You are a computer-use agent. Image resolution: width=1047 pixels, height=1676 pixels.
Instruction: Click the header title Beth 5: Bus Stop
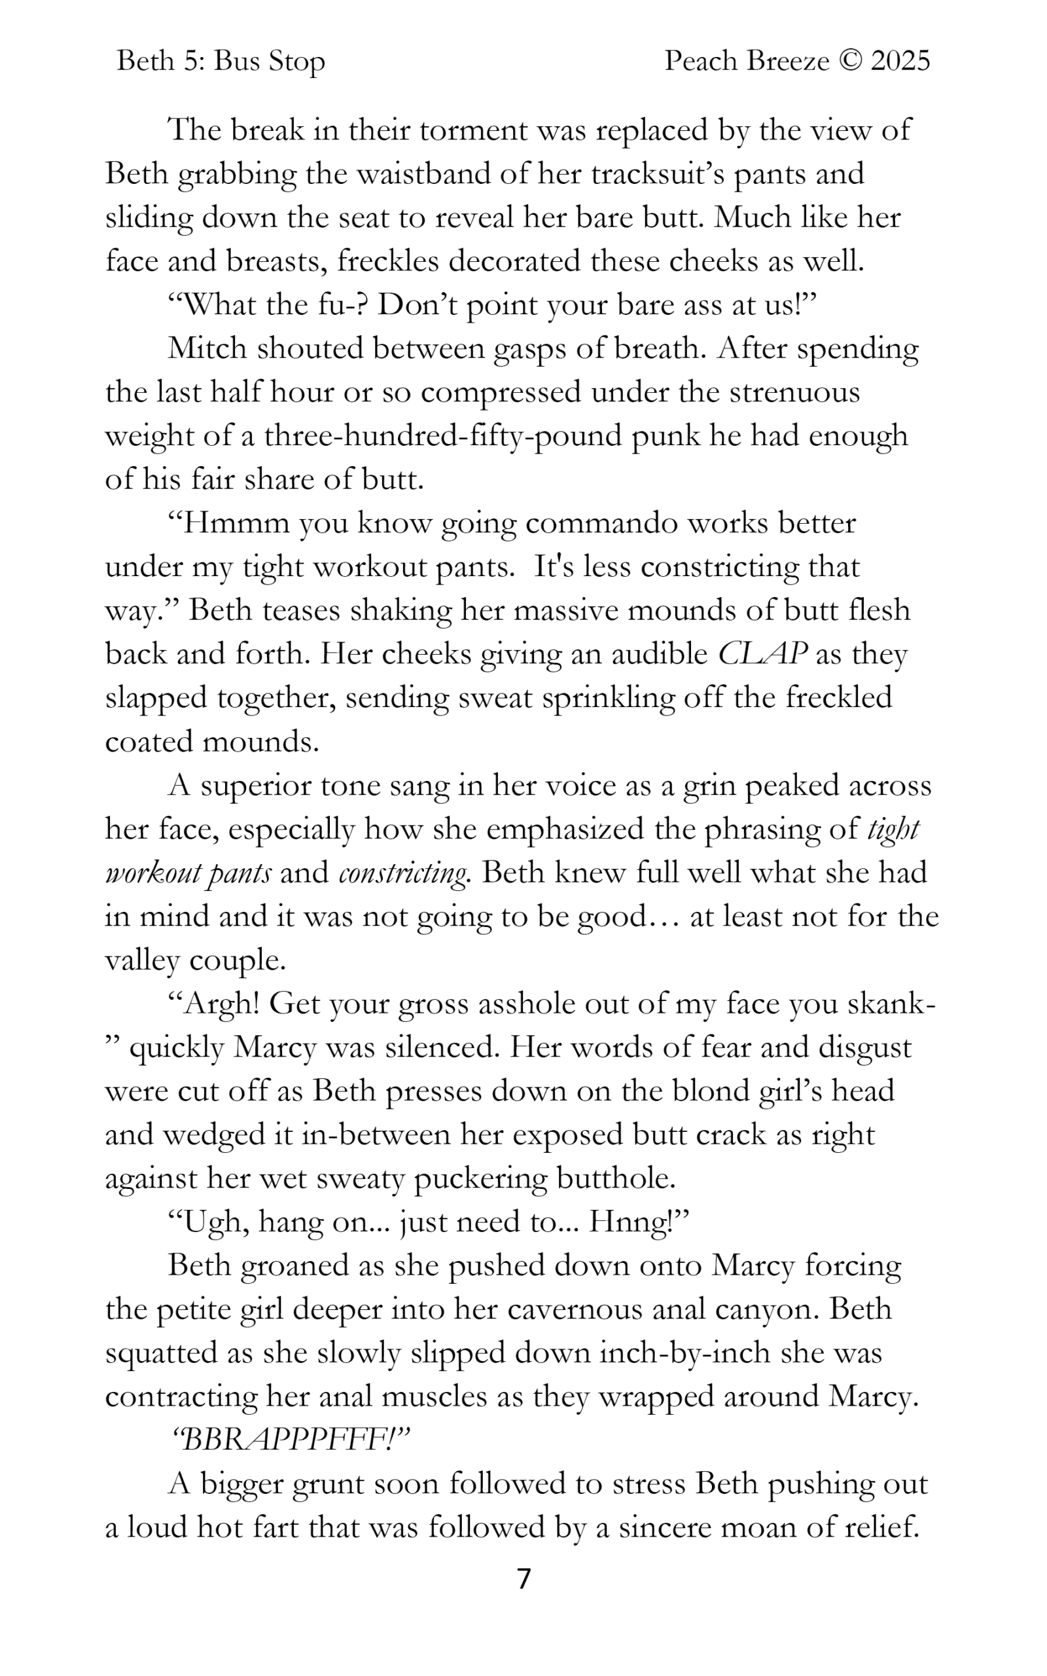[x=221, y=62]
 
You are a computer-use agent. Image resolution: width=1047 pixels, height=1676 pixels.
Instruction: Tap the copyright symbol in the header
[x=849, y=62]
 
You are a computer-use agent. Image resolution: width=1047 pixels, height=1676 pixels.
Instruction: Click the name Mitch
[x=207, y=348]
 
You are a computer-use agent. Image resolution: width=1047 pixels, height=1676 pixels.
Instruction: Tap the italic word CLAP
[x=762, y=654]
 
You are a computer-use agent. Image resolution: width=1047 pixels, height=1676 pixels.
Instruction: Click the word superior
[x=254, y=786]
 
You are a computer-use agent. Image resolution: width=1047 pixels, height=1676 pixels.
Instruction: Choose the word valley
[x=141, y=960]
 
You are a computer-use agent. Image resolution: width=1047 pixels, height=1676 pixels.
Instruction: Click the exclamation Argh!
[x=221, y=1004]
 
